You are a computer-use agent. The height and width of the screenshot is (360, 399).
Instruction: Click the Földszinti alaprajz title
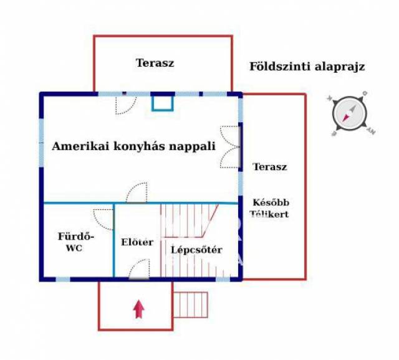[x=307, y=67]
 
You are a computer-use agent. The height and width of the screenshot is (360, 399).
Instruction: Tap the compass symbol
[x=349, y=114]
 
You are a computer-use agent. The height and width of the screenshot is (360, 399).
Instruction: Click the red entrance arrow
[x=138, y=308]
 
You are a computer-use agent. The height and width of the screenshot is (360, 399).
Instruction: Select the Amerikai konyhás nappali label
[x=133, y=147]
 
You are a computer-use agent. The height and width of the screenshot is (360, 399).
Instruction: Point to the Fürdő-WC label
[x=75, y=242]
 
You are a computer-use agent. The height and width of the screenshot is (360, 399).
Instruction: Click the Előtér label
[x=136, y=242]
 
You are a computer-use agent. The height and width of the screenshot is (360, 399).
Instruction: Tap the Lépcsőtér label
[x=197, y=250]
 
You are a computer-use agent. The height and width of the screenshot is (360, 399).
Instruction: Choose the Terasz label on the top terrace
[x=155, y=63]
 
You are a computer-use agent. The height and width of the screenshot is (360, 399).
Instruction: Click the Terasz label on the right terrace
[x=270, y=167]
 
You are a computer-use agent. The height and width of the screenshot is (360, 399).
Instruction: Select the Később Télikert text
[x=271, y=208]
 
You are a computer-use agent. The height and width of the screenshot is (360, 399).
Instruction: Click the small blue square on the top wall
[x=163, y=102]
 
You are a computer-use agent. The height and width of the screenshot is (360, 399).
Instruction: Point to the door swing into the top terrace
[x=126, y=104]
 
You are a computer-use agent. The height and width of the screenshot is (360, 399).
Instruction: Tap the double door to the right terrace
[x=230, y=147]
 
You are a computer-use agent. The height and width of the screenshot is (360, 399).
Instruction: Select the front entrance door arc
[x=139, y=269]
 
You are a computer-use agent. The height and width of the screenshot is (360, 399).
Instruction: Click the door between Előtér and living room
[x=137, y=193]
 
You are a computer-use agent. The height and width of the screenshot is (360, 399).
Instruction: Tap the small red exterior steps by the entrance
[x=190, y=305]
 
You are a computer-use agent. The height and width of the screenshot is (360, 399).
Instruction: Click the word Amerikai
[x=75, y=147]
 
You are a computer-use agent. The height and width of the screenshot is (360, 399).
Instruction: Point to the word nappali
[x=195, y=147]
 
